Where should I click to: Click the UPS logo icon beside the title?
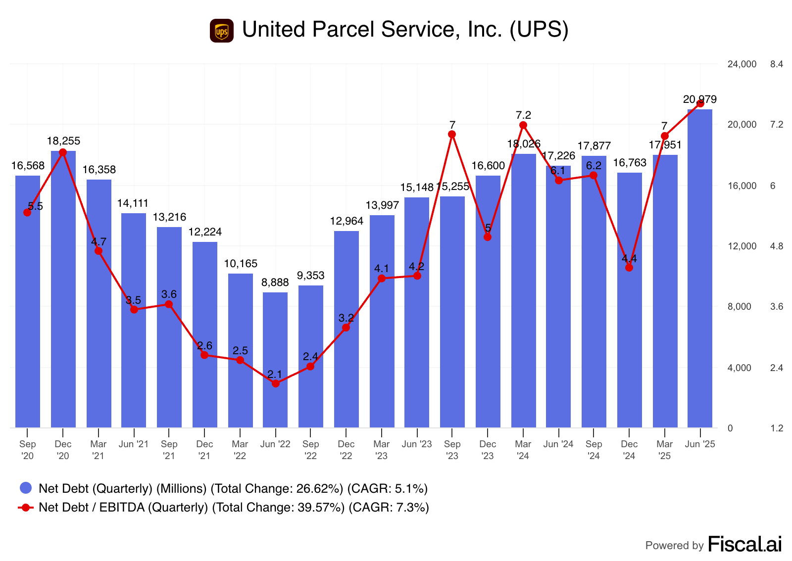coord(221,31)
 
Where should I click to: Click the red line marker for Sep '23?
coord(452,134)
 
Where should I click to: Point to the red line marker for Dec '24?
coord(629,268)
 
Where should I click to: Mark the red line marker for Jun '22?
coord(276,383)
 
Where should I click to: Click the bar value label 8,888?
coord(275,282)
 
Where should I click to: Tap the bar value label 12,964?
coord(346,221)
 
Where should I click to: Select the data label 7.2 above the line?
coord(523,115)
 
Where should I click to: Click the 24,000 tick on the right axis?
coord(742,64)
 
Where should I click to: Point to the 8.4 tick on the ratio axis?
coord(776,64)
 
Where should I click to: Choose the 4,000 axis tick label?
coord(739,368)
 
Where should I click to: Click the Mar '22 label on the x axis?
coord(240,450)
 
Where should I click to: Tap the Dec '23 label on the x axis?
coord(488,450)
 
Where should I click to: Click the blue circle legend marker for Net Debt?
coord(26,488)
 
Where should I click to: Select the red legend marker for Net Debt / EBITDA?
coord(26,507)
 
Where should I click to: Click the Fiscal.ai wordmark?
coord(744,544)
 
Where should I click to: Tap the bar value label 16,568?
coord(28,166)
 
